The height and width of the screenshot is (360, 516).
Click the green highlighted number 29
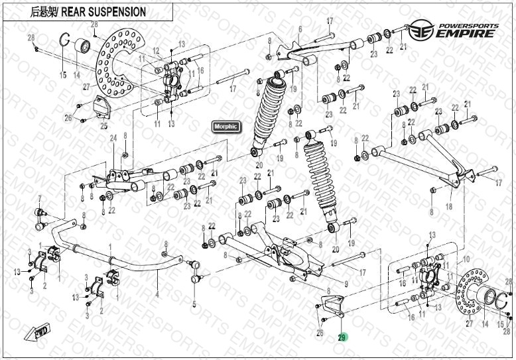pos(342,337)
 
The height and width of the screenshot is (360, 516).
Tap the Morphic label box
pos(226,126)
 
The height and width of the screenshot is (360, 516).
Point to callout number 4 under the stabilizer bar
pos(157,294)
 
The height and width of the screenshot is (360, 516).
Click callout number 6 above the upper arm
pos(300,29)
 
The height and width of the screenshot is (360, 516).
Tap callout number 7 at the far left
pos(39,198)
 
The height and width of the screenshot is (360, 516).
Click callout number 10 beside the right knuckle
pos(466,259)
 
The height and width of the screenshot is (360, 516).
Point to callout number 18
pos(449,207)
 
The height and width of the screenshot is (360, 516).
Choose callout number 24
pos(113,138)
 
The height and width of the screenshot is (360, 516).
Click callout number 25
pos(103,125)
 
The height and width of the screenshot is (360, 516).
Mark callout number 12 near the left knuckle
pos(156,51)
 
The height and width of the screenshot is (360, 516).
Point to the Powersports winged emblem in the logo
pos(417,30)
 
